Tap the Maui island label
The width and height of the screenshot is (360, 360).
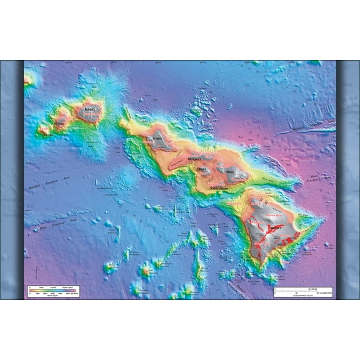229,171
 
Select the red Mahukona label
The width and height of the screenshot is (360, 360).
234,203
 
